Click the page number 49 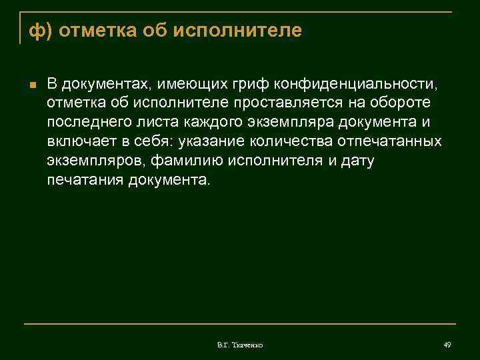[447, 344]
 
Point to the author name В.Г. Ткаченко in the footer [240, 345]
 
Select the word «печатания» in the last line [83, 180]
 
